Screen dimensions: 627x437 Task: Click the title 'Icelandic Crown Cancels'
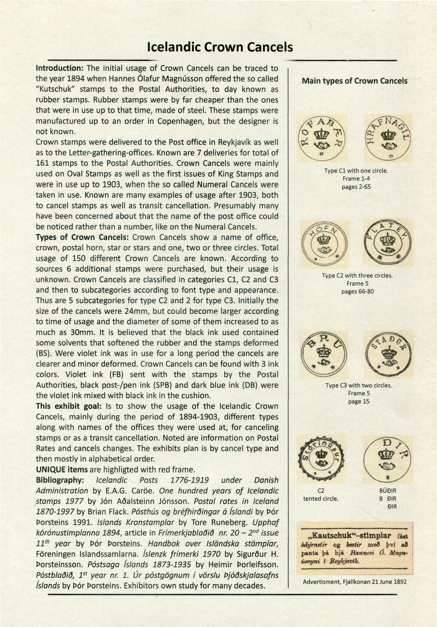point(220,47)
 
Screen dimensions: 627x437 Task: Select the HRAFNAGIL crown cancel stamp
point(388,139)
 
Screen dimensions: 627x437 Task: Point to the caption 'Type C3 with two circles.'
point(358,385)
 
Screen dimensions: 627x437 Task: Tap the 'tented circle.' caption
point(321,499)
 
